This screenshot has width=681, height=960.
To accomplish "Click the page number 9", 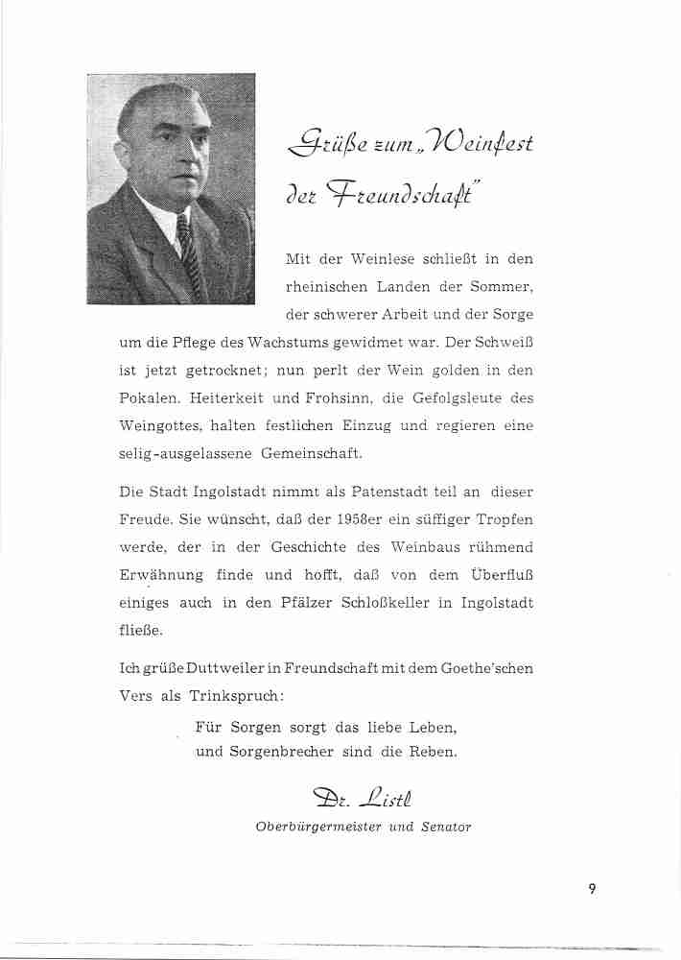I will tap(593, 888).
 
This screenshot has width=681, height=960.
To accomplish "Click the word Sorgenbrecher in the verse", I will tap(278, 752).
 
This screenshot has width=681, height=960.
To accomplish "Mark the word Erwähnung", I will tap(160, 575).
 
